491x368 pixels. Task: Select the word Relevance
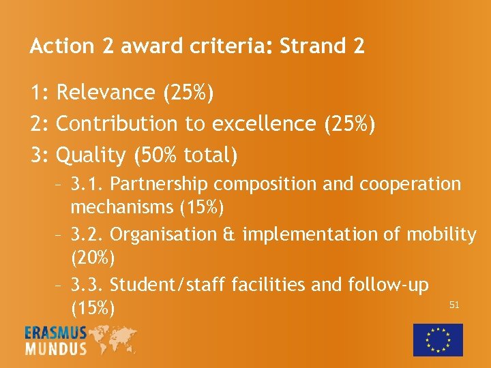point(106,93)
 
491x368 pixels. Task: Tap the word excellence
point(265,124)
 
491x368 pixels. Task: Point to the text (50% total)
point(186,155)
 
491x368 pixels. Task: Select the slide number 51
point(454,305)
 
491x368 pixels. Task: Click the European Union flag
point(438,339)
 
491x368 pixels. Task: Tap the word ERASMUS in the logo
point(56,333)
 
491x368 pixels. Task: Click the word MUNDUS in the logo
point(56,348)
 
